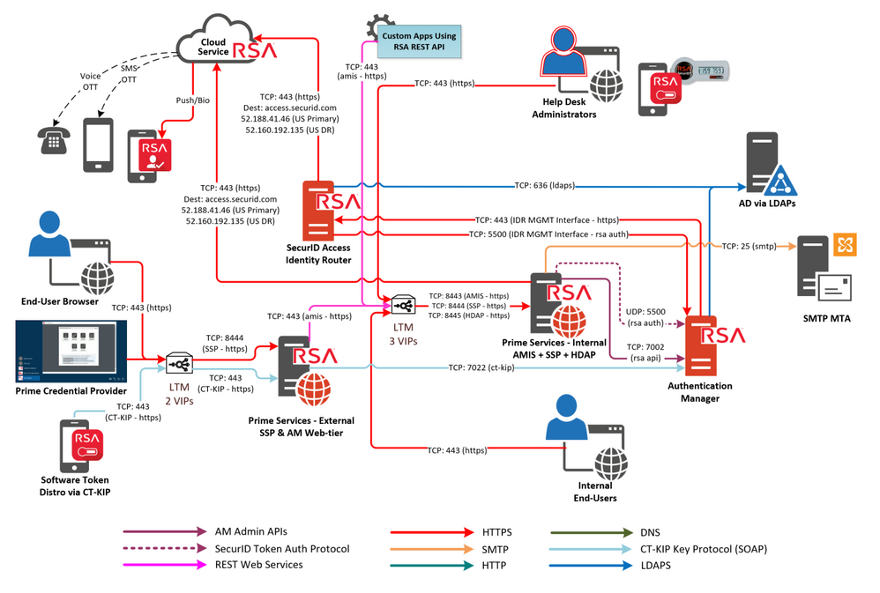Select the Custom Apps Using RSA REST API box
[x=419, y=41]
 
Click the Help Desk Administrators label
[x=563, y=107]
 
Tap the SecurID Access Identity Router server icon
[x=319, y=211]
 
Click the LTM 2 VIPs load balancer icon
[x=180, y=363]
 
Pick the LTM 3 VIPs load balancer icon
[x=403, y=306]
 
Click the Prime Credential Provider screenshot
[x=71, y=352]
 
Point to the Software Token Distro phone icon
[x=81, y=446]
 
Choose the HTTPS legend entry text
[x=496, y=532]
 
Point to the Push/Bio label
[x=192, y=100]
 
